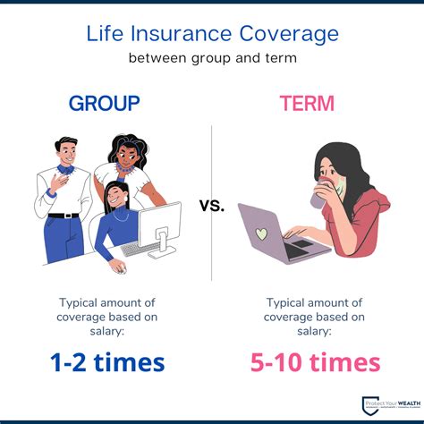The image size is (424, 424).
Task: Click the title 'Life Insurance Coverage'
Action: tap(212, 34)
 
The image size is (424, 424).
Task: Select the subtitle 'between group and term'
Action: tap(212, 59)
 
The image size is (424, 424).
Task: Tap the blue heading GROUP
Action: tap(104, 103)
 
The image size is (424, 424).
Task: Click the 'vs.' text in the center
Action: tap(212, 206)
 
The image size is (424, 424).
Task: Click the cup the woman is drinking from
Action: tap(319, 198)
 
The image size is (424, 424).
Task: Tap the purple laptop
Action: tap(273, 234)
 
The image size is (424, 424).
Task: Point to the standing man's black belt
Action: tap(64, 216)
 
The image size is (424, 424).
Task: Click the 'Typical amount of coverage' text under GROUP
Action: tap(105, 315)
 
